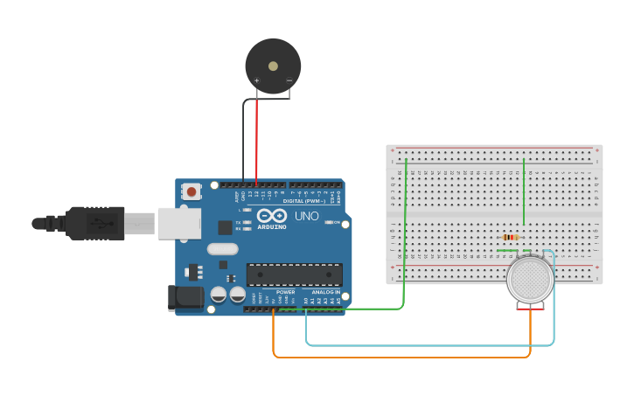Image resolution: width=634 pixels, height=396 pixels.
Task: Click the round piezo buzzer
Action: pos(273,65)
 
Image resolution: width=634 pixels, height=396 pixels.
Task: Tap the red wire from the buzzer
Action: pos(256,140)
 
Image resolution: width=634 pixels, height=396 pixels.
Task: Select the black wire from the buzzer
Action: pos(243,140)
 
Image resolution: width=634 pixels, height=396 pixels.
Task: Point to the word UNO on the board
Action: pos(306,215)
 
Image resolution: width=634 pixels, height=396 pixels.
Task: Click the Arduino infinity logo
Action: pos(272,215)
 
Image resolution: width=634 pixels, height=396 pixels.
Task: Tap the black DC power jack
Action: pos(186,297)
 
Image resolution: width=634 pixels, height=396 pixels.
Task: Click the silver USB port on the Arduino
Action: pos(179,223)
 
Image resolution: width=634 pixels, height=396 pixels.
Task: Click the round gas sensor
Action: pos(530,280)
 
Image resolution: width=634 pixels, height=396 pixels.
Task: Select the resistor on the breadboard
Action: pos(511,237)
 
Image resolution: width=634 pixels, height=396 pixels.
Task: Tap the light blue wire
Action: pos(428,345)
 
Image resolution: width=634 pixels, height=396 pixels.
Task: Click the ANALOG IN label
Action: pos(325,292)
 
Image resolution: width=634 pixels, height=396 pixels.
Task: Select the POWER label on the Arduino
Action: pos(285,292)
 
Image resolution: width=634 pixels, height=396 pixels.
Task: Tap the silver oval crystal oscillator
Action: pos(223,248)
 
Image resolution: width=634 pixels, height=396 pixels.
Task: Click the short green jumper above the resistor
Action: pos(524,192)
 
